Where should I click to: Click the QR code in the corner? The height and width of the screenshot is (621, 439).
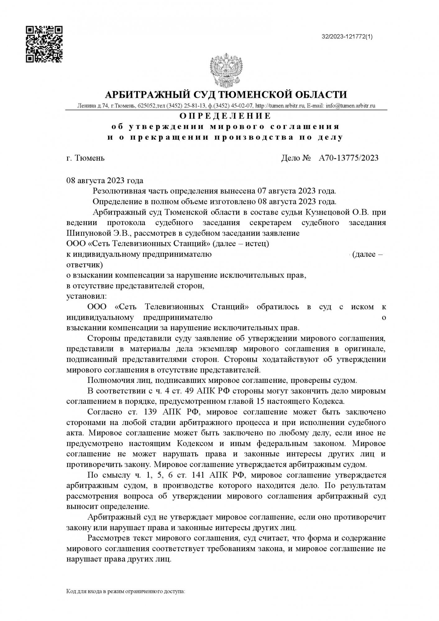(44, 44)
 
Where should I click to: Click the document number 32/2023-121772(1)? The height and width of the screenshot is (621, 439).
(347, 37)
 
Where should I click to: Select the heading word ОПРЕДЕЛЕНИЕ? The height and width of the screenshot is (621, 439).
(226, 116)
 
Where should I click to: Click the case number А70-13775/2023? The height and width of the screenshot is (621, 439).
(349, 158)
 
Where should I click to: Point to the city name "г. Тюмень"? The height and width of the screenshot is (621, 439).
(85, 158)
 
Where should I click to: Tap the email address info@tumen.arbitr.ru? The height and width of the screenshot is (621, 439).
(350, 106)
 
